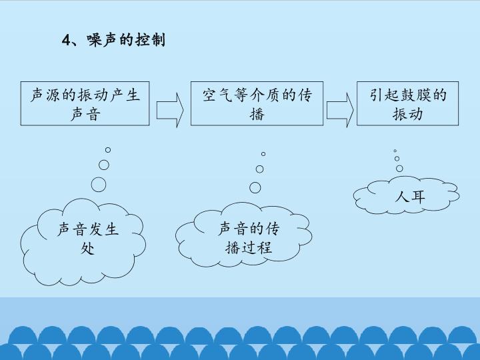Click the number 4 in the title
click(x=65, y=41)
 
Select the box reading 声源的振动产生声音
click(x=85, y=104)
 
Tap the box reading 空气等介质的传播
click(x=257, y=104)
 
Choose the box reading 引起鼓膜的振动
click(x=408, y=104)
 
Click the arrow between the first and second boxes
click(x=170, y=108)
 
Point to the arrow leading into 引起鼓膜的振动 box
click(x=340, y=108)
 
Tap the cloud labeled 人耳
click(x=405, y=195)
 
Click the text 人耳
click(x=409, y=196)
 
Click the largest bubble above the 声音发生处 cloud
click(x=99, y=184)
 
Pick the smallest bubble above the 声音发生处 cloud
click(x=108, y=150)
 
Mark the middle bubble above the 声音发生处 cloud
click(x=104, y=165)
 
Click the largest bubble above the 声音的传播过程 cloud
click(x=255, y=186)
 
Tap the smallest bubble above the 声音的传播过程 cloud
click(x=263, y=154)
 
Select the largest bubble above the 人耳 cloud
click(x=399, y=168)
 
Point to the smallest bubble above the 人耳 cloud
click(x=395, y=151)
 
